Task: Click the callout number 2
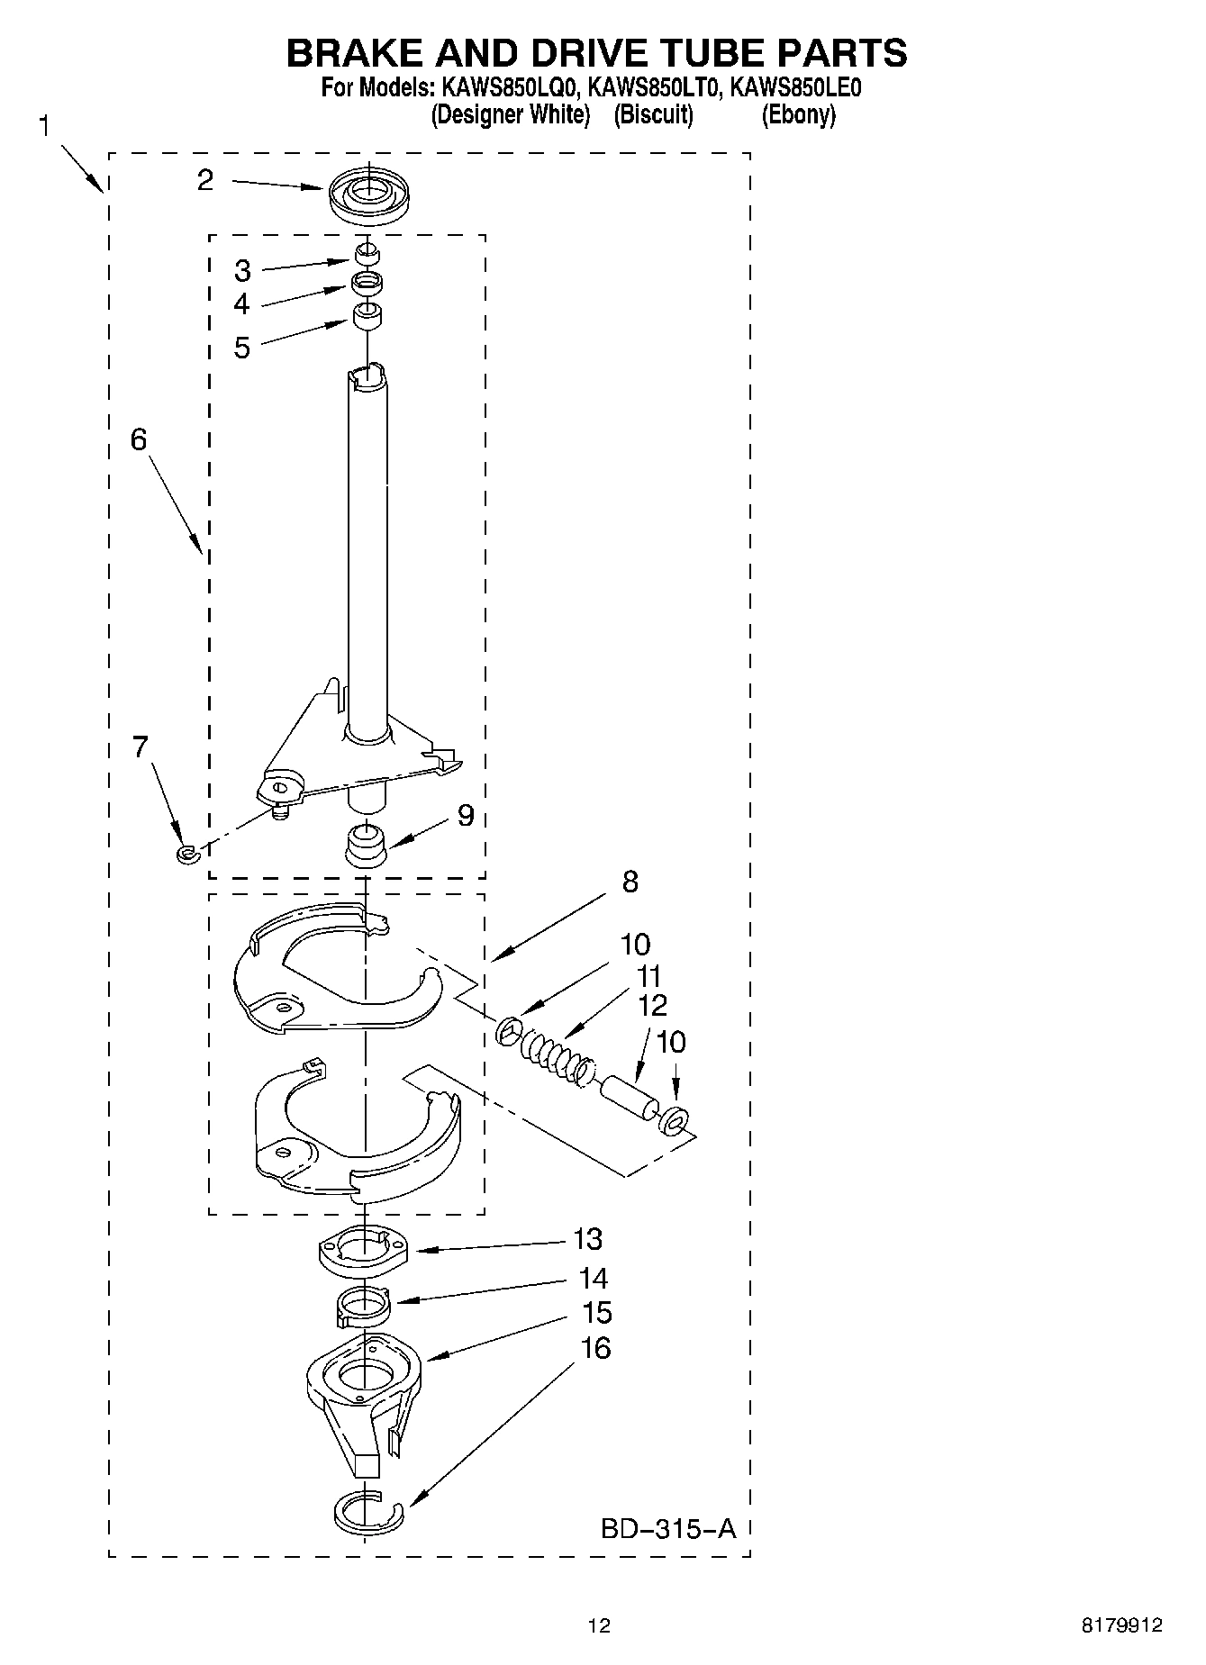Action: tap(205, 180)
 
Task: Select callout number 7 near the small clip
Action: tap(141, 747)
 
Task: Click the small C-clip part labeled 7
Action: tap(186, 853)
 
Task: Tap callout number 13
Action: tap(587, 1239)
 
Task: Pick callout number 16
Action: tap(595, 1348)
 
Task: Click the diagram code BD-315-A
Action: tap(667, 1528)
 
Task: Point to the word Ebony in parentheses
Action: tap(798, 115)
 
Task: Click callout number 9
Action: tap(465, 815)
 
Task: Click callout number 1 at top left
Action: tap(45, 126)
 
